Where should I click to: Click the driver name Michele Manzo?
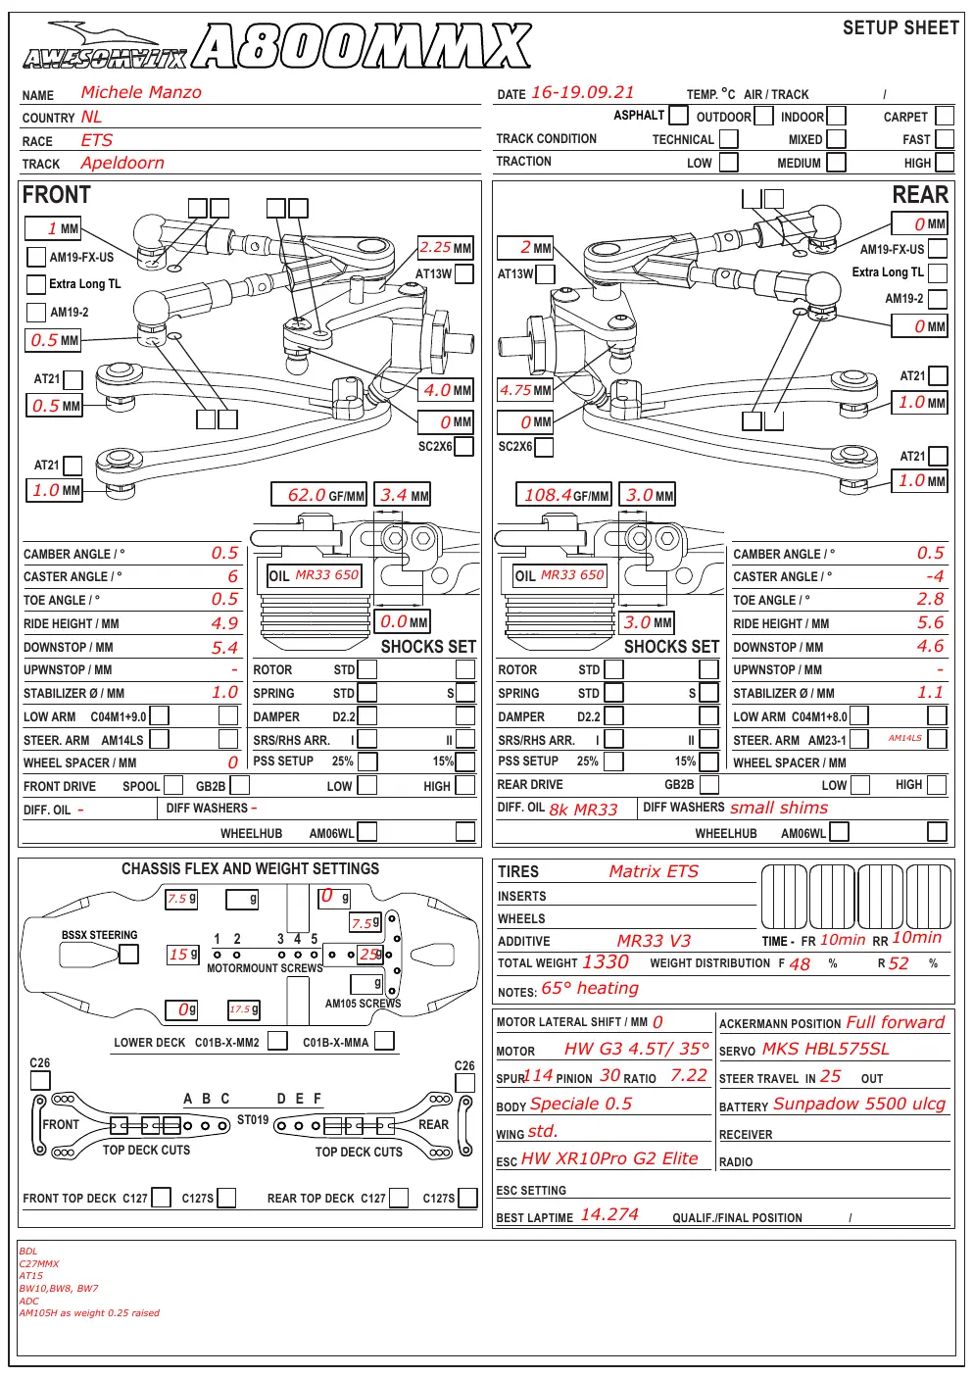141,92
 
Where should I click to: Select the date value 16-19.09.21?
582,92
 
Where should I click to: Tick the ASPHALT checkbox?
678,115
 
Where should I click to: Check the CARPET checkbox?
945,116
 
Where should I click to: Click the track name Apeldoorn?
122,163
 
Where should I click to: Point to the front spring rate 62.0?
307,495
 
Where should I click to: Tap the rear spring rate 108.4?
548,495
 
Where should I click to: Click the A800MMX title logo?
363,45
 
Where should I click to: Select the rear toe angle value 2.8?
931,599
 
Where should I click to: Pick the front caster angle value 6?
233,576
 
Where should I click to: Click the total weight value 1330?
605,961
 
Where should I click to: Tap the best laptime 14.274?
609,1214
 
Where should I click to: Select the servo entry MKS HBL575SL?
826,1049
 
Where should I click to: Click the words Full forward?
895,1022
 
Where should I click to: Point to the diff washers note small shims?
779,808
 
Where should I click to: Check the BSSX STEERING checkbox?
128,954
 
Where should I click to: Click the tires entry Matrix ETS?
654,871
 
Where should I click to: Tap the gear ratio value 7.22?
689,1075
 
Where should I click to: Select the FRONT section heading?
57,195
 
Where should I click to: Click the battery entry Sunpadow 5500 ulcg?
858,1104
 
